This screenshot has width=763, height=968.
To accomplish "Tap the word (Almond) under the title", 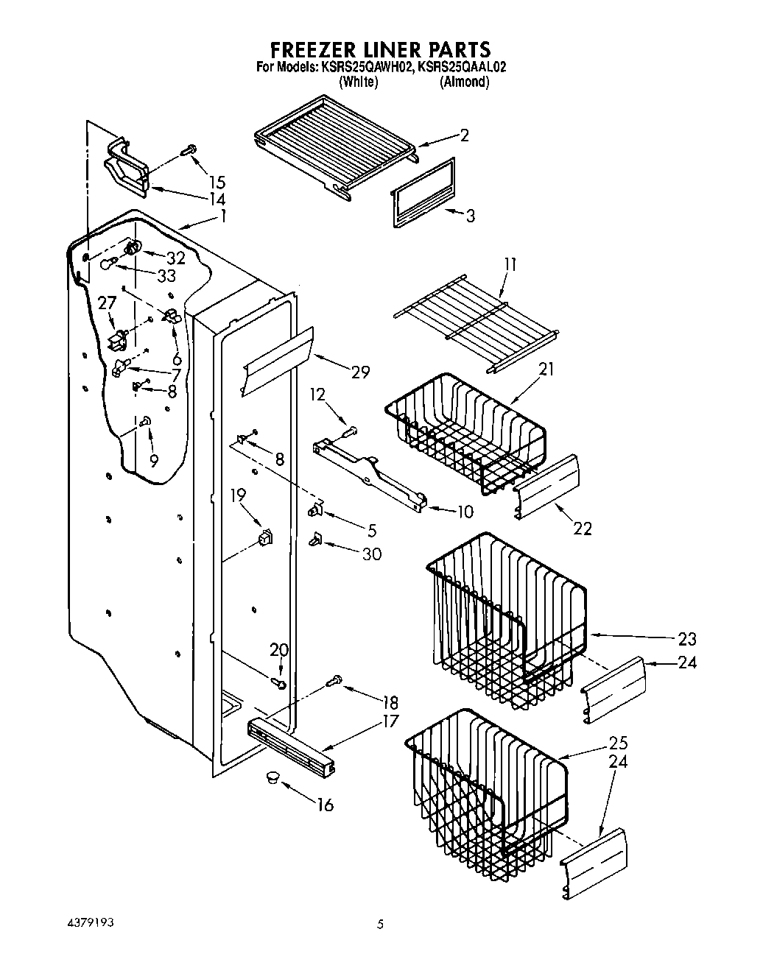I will pyautogui.click(x=464, y=82).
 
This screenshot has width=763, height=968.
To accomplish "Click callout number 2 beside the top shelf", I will pyautogui.click(x=464, y=135).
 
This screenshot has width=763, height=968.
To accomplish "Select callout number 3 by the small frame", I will pyautogui.click(x=470, y=216).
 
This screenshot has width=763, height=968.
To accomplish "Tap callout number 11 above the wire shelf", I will pyautogui.click(x=510, y=264).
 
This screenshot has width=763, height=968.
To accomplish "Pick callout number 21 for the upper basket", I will pyautogui.click(x=546, y=369).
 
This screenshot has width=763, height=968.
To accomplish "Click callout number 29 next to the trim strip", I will pyautogui.click(x=360, y=372).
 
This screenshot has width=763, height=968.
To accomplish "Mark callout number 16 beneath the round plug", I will pyautogui.click(x=325, y=805).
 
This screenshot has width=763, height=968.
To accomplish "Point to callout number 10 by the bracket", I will pyautogui.click(x=465, y=511).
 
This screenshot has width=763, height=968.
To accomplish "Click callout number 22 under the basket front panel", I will pyautogui.click(x=582, y=528).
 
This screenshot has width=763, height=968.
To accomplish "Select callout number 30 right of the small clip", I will pyautogui.click(x=372, y=554).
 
